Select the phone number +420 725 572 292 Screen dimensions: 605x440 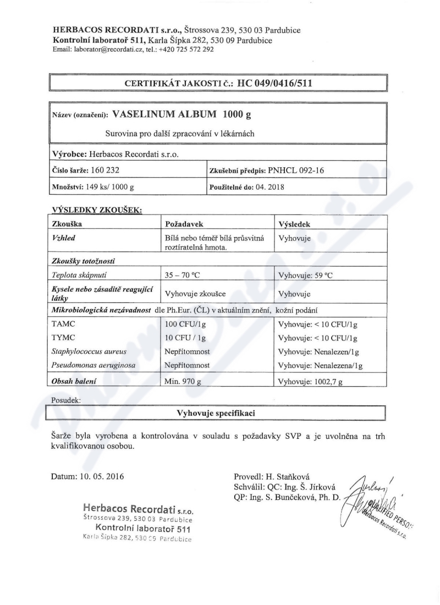pos(187,49)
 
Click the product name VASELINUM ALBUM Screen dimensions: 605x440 pos(164,115)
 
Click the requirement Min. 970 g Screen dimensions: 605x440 pos(188,382)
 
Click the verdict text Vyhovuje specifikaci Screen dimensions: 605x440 pos(218,412)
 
